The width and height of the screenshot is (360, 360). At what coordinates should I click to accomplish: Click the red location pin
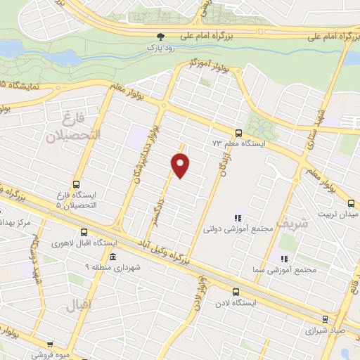tap(181, 165)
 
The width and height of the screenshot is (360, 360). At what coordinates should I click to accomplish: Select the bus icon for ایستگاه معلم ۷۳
tap(238, 132)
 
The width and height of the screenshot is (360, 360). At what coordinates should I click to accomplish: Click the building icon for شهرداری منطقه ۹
tap(112, 256)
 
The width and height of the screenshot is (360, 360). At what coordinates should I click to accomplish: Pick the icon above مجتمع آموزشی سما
tap(283, 259)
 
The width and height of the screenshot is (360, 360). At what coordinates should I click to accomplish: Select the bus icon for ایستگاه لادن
tap(236, 290)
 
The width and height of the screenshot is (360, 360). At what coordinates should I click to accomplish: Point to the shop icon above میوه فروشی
tap(50, 345)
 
